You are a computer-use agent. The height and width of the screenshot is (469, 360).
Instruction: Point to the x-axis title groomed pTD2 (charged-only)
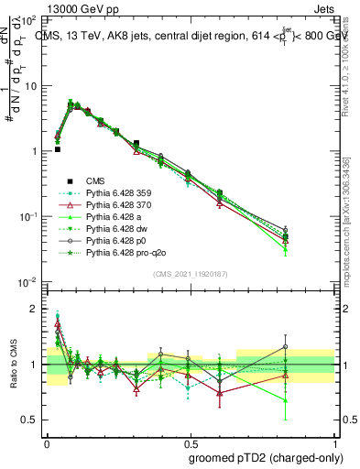pyautogui.click(x=266, y=456)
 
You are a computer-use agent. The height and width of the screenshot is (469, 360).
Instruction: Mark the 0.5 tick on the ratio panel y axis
pyautogui.click(x=33, y=420)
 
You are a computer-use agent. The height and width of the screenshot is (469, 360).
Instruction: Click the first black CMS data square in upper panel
pyautogui.click(x=57, y=149)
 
